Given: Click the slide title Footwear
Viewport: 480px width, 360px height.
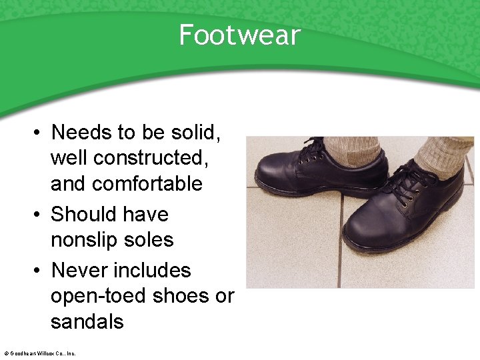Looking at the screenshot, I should point(240,35).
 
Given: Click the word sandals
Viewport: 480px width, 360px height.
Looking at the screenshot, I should point(87,321).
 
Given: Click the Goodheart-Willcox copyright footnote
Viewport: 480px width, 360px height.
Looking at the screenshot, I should point(39,353).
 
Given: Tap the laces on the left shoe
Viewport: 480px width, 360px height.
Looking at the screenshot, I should point(312,150).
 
